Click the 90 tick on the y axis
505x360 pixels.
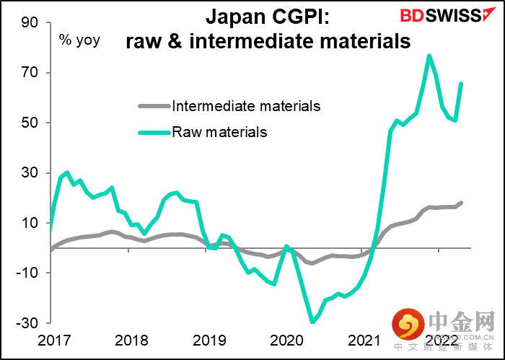click(30, 22)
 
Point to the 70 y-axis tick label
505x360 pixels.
click(30, 73)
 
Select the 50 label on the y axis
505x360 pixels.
click(30, 123)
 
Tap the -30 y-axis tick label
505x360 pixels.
click(27, 323)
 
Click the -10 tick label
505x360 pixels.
click(27, 273)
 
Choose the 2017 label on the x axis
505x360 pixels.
click(54, 341)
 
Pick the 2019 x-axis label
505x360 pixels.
click(209, 341)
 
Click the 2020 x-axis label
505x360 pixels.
click(287, 341)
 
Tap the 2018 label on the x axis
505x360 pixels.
click(132, 341)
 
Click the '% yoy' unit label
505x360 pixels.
click(79, 41)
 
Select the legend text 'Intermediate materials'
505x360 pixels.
click(247, 106)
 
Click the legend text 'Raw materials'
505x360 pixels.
click(219, 132)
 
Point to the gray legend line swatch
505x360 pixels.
click(154, 105)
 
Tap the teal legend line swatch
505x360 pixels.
click(154, 132)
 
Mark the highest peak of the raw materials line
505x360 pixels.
click(429, 56)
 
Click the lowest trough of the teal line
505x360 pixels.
click(312, 322)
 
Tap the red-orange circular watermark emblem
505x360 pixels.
click(408, 324)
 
